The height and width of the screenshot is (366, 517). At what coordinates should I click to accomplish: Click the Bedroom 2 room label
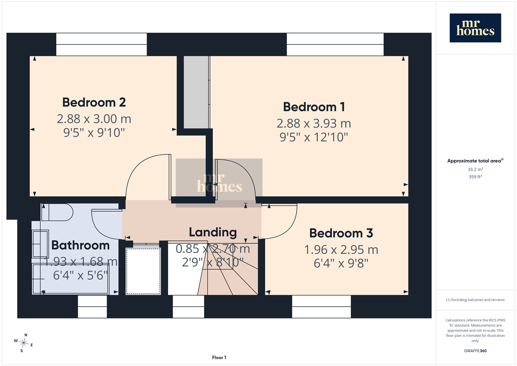94,102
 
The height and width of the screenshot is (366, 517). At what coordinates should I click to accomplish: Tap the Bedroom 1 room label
314,107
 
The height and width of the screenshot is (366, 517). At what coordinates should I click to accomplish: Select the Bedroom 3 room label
341,233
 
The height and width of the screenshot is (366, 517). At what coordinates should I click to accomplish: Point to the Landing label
213,232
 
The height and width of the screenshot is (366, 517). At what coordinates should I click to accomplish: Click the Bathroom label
80,245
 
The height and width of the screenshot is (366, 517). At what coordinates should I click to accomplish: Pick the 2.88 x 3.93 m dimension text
314,123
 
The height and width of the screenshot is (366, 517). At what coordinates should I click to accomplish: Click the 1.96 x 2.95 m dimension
341,249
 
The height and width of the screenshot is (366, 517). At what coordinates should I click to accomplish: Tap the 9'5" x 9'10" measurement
94,133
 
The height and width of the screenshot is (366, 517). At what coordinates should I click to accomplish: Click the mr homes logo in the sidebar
475,28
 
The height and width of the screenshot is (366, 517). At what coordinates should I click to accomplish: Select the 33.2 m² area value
475,169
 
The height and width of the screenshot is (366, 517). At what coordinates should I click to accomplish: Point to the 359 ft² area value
475,177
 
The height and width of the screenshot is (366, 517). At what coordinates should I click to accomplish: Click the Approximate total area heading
475,161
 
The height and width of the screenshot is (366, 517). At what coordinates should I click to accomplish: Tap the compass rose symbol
23,343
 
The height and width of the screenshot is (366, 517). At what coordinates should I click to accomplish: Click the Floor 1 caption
219,358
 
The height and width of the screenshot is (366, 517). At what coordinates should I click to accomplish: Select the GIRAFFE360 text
475,351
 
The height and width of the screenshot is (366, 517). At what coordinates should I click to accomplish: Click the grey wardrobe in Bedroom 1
196,92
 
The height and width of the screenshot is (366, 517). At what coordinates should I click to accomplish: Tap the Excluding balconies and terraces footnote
475,300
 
